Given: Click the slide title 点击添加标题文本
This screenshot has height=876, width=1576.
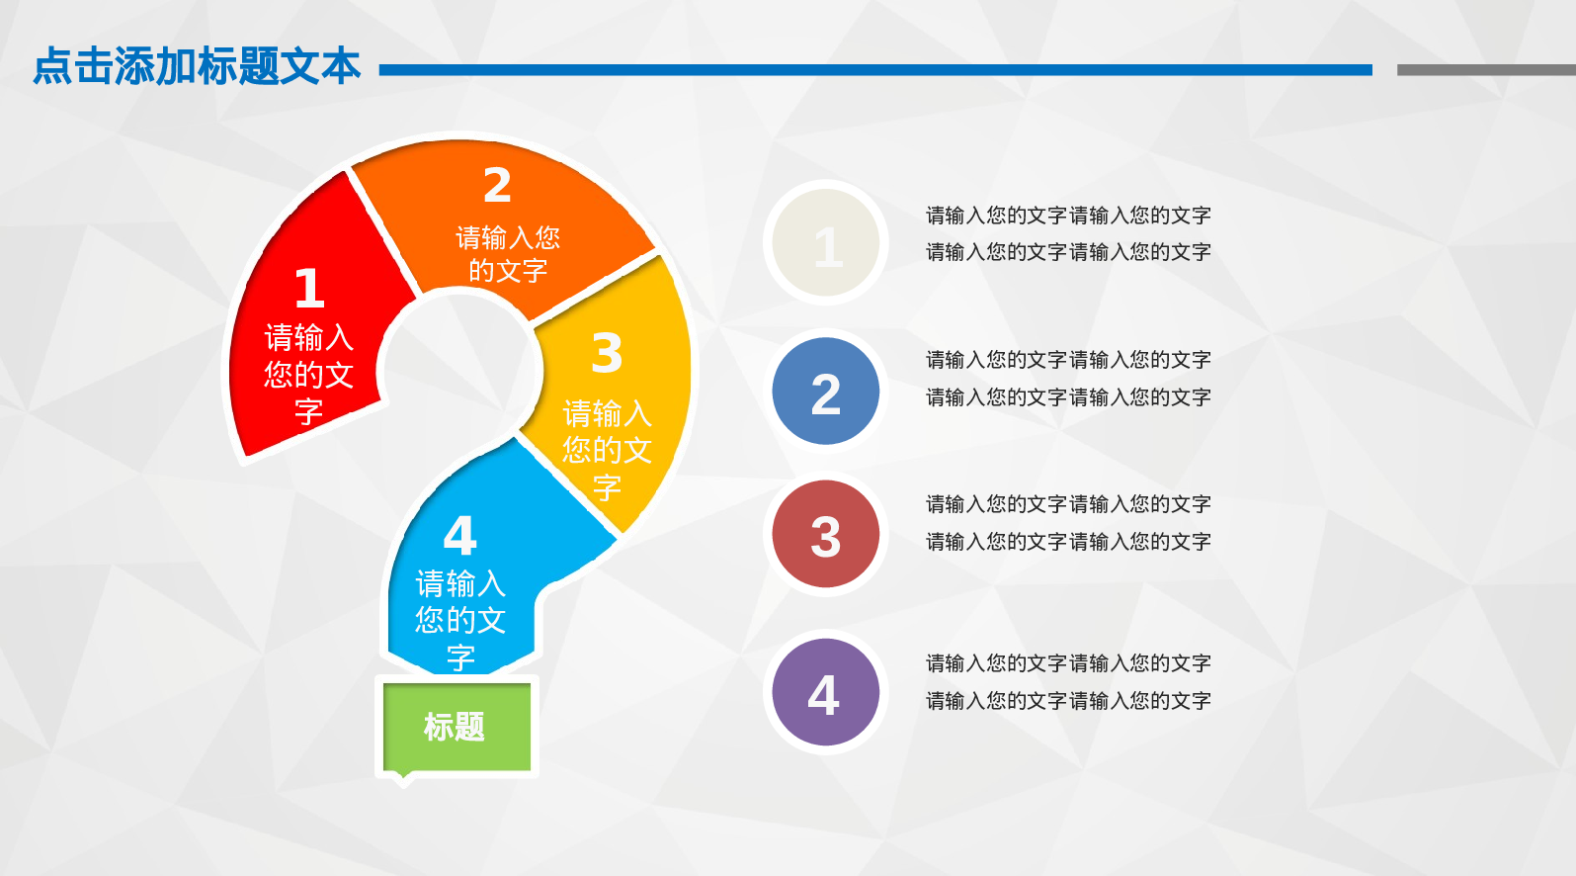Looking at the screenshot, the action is (197, 66).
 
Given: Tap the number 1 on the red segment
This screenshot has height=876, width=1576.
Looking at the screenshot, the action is (309, 288).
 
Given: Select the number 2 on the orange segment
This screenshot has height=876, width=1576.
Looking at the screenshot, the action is (497, 185).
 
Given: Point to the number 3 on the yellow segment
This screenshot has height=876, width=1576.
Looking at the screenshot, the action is (607, 353).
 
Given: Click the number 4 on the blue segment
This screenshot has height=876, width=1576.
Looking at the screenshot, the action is (460, 536).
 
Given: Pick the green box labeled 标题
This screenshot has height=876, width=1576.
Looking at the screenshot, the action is (456, 727).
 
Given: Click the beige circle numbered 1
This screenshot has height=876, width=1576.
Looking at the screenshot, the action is (826, 242).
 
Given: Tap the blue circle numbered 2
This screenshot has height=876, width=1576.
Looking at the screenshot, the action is (826, 391).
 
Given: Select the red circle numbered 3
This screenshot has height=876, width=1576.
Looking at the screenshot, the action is (826, 534).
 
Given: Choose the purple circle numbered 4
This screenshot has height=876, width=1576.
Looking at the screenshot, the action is (826, 692).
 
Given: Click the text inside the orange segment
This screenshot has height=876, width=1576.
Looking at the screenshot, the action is (508, 254).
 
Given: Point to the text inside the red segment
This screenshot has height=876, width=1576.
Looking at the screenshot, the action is (309, 374).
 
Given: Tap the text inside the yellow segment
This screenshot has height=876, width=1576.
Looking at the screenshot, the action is (607, 450).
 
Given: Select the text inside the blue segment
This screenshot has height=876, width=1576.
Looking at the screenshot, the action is (460, 620).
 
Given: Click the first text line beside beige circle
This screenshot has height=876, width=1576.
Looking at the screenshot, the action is (1068, 216).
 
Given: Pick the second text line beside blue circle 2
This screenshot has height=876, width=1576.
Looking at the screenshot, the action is (1068, 397).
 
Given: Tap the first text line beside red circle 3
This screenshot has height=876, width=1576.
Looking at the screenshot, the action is (1068, 504).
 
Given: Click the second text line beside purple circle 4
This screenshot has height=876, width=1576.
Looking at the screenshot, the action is (1068, 701).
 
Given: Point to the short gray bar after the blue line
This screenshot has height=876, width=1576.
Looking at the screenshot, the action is (1486, 70).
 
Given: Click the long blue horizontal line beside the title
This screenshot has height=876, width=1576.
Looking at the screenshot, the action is (875, 70).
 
